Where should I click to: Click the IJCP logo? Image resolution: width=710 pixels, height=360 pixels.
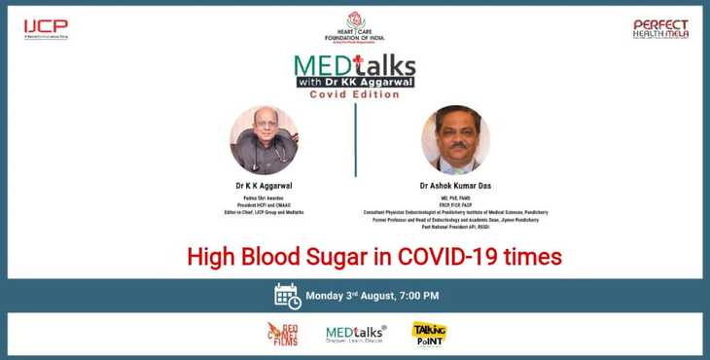click(x=46, y=29)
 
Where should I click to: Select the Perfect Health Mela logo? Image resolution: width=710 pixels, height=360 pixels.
click(x=660, y=29)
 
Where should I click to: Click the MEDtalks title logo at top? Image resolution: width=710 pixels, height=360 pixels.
click(x=355, y=71)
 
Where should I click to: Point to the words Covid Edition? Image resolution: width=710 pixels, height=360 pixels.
click(x=354, y=94)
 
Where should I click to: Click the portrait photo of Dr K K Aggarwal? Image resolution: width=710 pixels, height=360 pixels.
click(x=263, y=140)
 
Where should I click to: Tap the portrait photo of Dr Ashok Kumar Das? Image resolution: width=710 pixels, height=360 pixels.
click(x=455, y=140)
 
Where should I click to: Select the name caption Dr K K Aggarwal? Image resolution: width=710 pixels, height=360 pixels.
click(x=263, y=183)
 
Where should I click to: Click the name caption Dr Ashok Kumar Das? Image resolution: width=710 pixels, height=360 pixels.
click(x=455, y=183)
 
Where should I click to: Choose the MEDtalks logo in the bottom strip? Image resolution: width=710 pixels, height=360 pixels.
click(x=355, y=335)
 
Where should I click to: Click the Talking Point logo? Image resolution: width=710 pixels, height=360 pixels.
click(x=428, y=334)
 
